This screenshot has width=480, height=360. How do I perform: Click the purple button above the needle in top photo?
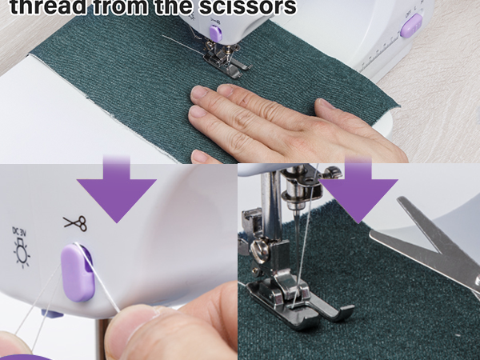point(214,32)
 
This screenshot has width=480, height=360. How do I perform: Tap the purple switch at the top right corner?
point(410,26)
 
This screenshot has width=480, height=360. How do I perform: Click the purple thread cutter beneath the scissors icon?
point(77,272)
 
